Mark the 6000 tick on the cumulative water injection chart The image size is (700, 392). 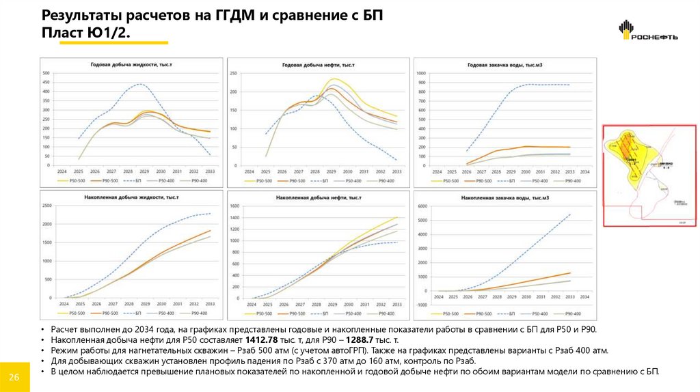[x=422, y=206]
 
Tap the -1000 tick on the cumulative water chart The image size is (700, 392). [x=421, y=291]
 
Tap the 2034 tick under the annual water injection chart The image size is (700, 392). [x=584, y=171]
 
